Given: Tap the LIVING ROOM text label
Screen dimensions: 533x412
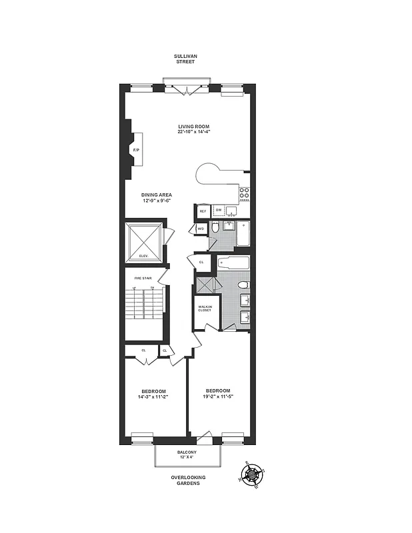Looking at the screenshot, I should (193, 126).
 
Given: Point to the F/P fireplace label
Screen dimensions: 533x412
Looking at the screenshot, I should (136, 151).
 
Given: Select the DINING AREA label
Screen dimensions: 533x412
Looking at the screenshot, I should (157, 195).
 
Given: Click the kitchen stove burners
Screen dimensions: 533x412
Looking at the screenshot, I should (245, 194).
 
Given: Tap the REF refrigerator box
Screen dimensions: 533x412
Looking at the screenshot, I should (203, 211).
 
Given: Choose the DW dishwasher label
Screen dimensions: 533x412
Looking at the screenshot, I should (219, 211).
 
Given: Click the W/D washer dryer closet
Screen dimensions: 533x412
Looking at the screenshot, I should (200, 229).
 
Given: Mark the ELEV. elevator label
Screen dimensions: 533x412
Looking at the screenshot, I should (143, 257).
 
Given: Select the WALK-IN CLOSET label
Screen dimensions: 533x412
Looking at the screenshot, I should (205, 309).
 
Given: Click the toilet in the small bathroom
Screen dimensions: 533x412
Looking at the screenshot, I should (215, 229).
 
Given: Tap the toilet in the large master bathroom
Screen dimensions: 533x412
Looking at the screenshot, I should (243, 285).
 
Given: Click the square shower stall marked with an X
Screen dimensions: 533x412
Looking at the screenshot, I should (204, 284).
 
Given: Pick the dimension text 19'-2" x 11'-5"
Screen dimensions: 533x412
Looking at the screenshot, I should (219, 396).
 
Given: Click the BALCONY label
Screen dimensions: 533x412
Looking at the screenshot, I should (187, 452).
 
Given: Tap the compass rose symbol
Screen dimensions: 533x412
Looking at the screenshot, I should (253, 476).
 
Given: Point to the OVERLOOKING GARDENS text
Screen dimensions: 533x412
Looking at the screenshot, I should (187, 480).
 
